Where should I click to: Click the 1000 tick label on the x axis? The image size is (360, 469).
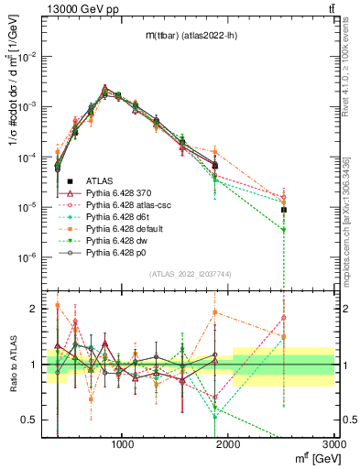(x=124, y=445)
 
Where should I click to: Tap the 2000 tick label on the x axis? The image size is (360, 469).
(x=229, y=445)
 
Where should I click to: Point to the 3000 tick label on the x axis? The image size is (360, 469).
(x=333, y=445)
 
